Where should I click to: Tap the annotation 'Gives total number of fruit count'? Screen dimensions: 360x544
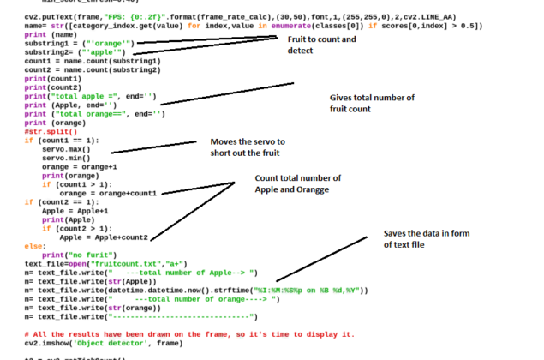click(372, 104)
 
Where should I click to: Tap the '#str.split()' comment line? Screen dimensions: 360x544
click(51, 131)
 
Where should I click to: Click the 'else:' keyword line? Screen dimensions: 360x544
click(35, 245)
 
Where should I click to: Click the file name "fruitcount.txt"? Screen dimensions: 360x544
click(127, 263)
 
